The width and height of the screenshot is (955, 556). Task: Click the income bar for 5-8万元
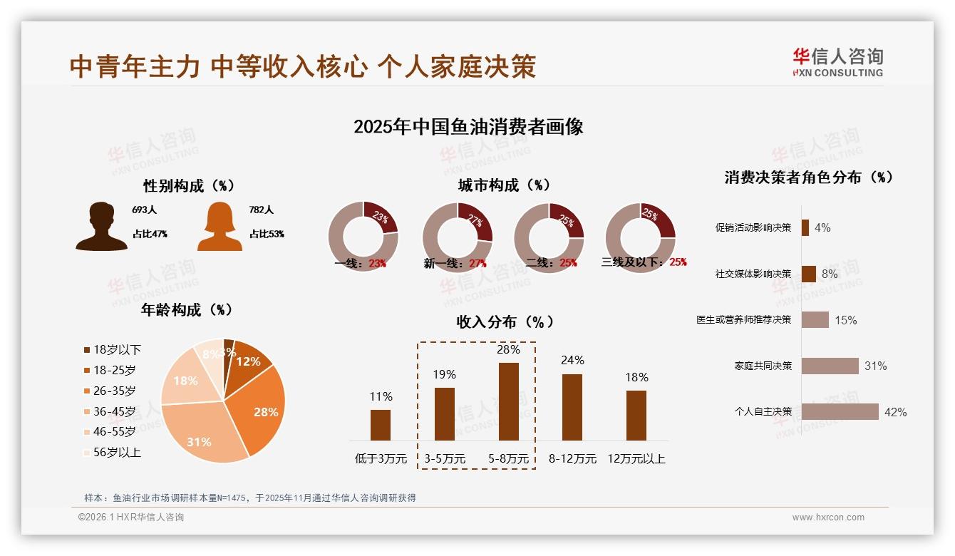point(508,401)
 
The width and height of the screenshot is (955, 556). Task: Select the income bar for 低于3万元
point(381,425)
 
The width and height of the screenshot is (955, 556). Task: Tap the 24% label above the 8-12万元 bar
point(572,360)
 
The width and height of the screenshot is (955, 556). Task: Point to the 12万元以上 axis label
point(636,459)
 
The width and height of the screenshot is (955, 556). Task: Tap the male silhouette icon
point(101,226)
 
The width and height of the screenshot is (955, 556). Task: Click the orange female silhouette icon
point(220,226)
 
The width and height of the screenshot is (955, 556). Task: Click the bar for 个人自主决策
point(840,412)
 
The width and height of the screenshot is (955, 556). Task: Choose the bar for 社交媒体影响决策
point(808,274)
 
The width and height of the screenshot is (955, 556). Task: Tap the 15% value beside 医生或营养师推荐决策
point(846,320)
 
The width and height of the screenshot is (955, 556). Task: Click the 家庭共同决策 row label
point(763,366)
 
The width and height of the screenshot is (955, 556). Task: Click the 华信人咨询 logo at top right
point(837,62)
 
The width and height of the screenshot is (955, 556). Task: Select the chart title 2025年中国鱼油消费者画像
point(468,127)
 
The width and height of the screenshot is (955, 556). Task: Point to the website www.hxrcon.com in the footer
point(827,518)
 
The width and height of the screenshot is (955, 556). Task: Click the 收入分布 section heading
point(505,321)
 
